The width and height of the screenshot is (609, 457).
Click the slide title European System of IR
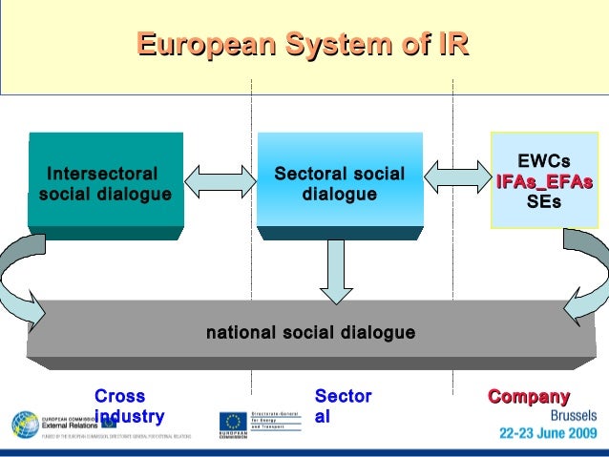[303, 45]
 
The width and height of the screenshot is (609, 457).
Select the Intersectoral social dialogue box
[105, 184]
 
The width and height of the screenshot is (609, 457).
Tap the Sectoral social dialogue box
[339, 184]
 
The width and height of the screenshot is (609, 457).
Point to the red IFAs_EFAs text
[543, 182]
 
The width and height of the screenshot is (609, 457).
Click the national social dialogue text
[310, 333]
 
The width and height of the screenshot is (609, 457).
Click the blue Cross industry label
[128, 405]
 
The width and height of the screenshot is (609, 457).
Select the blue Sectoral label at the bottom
[342, 405]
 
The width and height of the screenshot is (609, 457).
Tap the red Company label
[529, 396]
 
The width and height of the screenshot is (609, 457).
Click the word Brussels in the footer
[573, 416]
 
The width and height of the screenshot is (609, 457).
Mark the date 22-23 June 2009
[548, 432]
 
